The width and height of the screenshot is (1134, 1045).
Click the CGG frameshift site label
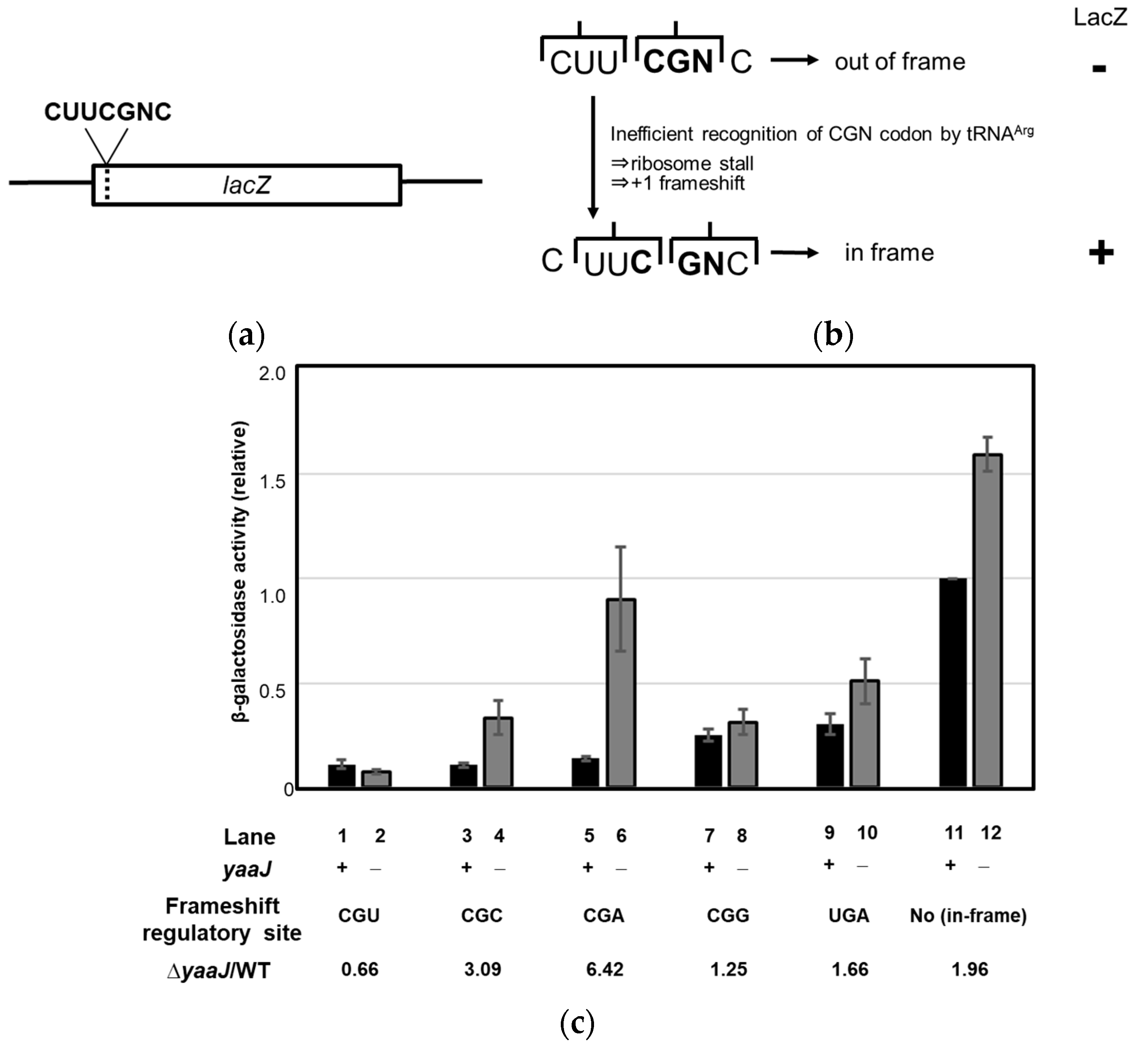pyautogui.click(x=727, y=915)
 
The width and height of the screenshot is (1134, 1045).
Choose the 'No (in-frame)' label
pyautogui.click(x=968, y=915)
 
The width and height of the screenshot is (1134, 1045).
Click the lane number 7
pyautogui.click(x=709, y=836)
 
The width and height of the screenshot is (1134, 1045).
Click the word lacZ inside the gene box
pyautogui.click(x=247, y=185)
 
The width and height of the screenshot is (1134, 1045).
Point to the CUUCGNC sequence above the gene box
pyautogui.click(x=107, y=112)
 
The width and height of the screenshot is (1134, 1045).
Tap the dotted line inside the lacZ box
pyautogui.click(x=107, y=185)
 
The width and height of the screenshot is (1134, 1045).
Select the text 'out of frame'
pyautogui.click(x=899, y=62)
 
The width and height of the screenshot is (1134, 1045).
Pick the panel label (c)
pyautogui.click(x=577, y=1023)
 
